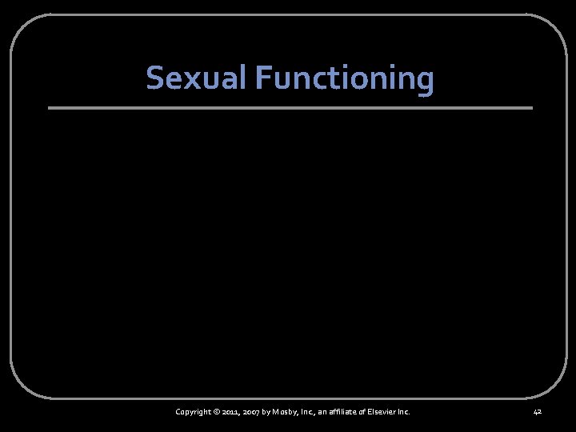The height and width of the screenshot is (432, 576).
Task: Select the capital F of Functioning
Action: point(263,78)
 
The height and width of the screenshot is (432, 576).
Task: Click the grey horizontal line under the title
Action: point(290,108)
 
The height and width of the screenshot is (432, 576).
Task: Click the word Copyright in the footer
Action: point(194,412)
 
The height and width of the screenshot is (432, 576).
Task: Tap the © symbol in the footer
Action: point(219,412)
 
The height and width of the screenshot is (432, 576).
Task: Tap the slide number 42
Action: point(537,412)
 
